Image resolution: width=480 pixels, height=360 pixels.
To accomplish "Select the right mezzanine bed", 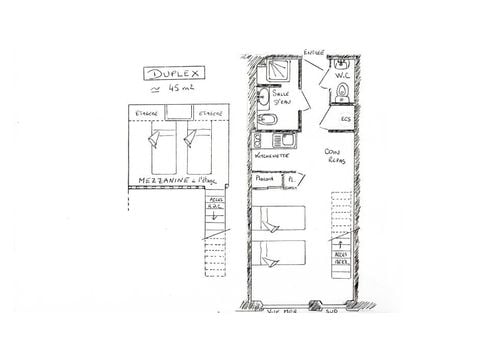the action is [201, 148].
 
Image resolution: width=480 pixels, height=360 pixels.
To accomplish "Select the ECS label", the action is [345, 120].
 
